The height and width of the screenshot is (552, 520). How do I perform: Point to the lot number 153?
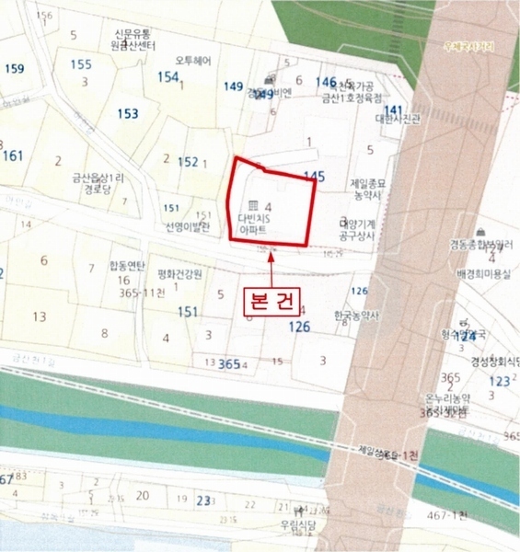[128, 113]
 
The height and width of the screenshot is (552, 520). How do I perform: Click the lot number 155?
[81, 64]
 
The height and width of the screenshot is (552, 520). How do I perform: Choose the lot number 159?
[14, 69]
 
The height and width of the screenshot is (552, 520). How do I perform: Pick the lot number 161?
[13, 155]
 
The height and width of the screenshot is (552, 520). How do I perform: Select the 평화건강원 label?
[179, 274]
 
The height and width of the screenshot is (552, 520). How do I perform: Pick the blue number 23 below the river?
[203, 500]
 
